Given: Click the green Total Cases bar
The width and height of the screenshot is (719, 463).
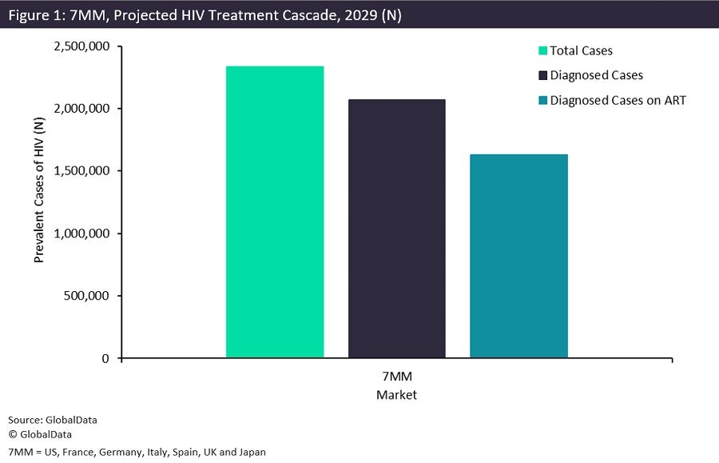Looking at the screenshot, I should tap(275, 212).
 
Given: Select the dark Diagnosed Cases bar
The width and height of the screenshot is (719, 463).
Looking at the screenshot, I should tap(396, 229).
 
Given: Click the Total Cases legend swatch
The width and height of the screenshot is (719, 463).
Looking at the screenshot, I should tap(543, 51).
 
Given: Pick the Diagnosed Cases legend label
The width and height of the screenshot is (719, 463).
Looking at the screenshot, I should tap(596, 75).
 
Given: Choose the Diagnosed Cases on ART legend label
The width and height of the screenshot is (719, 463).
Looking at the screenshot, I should tap(618, 100).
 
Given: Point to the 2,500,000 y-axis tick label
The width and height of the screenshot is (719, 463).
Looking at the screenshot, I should tap(82, 46).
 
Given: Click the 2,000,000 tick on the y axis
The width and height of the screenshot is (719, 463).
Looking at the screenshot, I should tap(82, 109).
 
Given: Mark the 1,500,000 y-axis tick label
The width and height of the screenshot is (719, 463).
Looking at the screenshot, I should tap(82, 171).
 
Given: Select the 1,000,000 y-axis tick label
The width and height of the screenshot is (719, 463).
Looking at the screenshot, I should tap(82, 233).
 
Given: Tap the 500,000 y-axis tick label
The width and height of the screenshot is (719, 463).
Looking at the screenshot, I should tap(88, 296).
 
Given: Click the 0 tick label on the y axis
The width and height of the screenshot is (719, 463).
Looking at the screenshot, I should tap(105, 359).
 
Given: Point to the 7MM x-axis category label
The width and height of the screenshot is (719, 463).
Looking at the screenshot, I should tap(396, 377).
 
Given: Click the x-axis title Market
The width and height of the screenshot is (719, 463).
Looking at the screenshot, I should tap(396, 394).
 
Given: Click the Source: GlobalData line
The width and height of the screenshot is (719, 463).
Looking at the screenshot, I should tap(46, 420).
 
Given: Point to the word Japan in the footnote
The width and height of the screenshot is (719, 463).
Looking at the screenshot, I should tap(250, 452).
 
